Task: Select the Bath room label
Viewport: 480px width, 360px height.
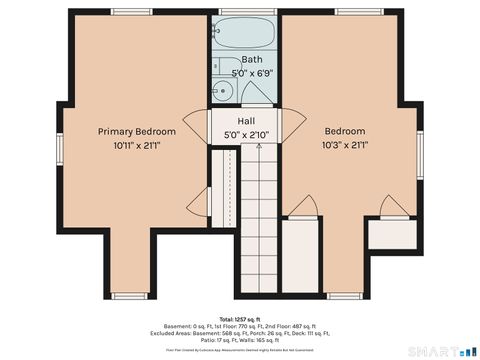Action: point(251,60)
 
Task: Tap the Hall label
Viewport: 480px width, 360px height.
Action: point(245,121)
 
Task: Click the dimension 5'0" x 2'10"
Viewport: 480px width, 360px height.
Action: point(245,134)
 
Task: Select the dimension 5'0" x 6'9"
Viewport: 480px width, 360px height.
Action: point(251,73)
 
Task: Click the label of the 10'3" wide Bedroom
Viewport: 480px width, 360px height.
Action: point(345,131)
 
